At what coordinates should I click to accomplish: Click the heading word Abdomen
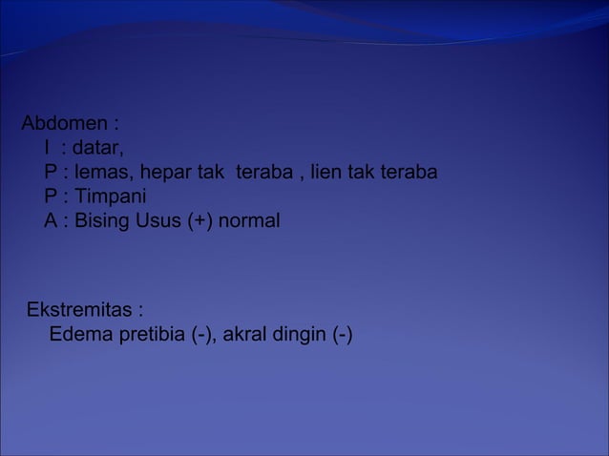pos(62,124)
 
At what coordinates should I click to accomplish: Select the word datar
pos(98,149)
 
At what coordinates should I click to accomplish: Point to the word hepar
pos(167,174)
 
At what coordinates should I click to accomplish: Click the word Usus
pos(160,221)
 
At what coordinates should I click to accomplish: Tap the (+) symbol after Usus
pos(202,221)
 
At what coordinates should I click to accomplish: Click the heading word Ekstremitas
pos(80,311)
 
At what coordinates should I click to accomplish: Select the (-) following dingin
pos(341,336)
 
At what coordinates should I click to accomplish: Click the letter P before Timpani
pos(50,197)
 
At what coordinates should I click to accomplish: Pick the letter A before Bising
pos(50,221)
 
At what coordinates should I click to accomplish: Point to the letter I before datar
pos(47,149)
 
